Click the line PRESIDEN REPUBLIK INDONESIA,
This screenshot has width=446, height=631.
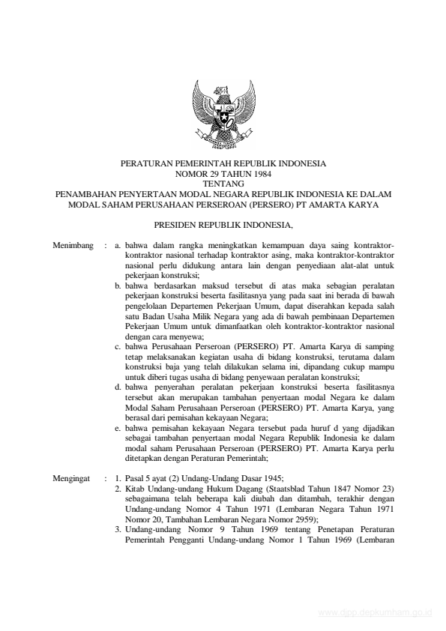(x=223, y=224)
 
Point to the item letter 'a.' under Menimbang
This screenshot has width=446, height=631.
(x=118, y=245)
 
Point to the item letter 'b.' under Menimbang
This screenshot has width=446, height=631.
(x=118, y=286)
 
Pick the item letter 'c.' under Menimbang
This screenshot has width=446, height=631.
(x=118, y=347)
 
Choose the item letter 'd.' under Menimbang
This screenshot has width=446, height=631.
(x=118, y=387)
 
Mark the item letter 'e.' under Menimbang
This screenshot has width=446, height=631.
(x=118, y=429)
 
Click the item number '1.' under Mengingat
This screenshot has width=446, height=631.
(x=118, y=477)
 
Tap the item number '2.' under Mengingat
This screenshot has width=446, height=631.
(x=118, y=487)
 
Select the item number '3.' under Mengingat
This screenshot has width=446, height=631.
(x=118, y=528)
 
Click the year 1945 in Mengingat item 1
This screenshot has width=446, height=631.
(x=272, y=477)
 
